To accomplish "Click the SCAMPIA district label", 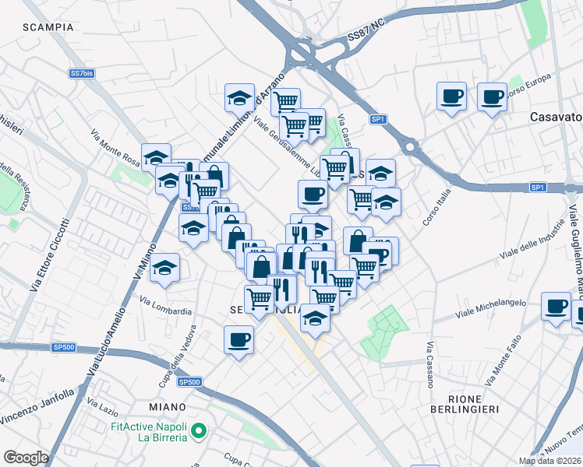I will tap(48, 27).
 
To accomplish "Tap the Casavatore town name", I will tap(555, 117).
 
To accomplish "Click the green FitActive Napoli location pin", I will tap(199, 430).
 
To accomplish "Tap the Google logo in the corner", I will tap(26, 458).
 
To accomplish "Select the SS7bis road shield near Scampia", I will tap(82, 73).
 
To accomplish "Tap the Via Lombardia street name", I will tap(165, 306).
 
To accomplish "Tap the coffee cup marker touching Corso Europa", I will tap(492, 97).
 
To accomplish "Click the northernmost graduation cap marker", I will tap(240, 98).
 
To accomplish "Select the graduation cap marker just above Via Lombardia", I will tap(164, 268).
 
